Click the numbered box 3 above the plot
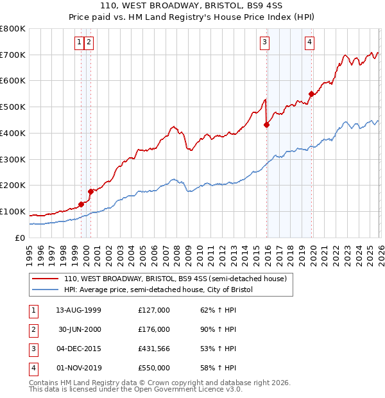pos(264,43)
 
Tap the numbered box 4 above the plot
pos(309,43)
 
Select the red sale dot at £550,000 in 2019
pos(312,94)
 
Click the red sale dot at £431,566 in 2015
pos(267,125)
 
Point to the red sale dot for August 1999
pos(81,204)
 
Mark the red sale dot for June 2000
pos(91,191)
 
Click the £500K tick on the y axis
pos(12,107)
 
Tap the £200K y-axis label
pos(12,186)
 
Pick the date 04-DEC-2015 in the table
pos(78,349)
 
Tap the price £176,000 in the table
pos(154,329)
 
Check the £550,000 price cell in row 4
pos(154,368)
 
